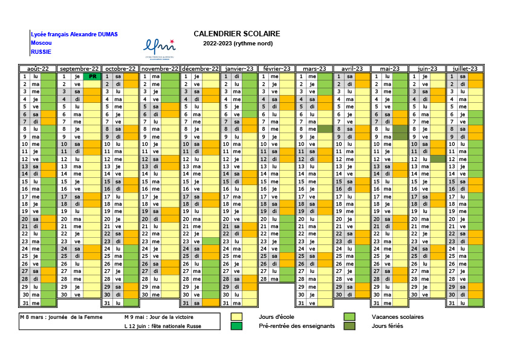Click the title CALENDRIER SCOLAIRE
click(236, 34)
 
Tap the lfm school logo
click(160, 49)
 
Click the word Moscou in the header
click(41, 43)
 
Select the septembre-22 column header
click(79, 68)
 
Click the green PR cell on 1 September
click(92, 77)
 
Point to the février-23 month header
click(277, 68)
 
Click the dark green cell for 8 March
click(325, 129)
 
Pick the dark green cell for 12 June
click(438, 159)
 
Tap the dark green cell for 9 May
click(400, 137)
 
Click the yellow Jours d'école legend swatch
click(236, 317)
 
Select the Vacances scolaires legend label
click(398, 317)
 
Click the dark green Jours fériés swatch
click(349, 326)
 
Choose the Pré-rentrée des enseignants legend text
click(297, 326)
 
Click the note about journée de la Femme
click(61, 317)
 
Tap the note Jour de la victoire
click(159, 317)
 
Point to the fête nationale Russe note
click(163, 326)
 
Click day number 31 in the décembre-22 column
click(186, 303)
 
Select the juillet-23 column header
click(465, 68)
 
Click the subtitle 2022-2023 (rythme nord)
click(238, 44)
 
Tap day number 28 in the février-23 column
click(263, 279)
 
